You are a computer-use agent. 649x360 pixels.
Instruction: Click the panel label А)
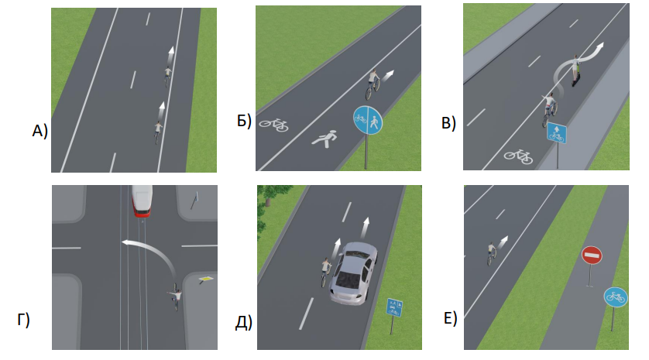coord(40,131)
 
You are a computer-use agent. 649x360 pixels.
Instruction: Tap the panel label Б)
coord(244,121)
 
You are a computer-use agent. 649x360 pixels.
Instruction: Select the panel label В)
coord(448,123)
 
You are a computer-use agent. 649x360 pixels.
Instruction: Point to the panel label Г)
coord(23,320)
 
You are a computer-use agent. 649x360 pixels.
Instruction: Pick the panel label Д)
coord(244,322)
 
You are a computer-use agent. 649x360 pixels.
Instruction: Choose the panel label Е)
coord(450,318)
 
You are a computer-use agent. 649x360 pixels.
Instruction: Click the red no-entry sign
coord(592,255)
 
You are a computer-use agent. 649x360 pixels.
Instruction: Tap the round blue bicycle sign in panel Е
coord(616,297)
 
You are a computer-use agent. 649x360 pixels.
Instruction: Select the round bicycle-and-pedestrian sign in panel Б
coord(368,120)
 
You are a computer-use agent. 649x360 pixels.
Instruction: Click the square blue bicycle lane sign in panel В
coord(556,133)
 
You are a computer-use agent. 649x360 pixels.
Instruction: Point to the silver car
coord(353,273)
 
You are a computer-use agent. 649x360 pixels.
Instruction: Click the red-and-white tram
coord(142,201)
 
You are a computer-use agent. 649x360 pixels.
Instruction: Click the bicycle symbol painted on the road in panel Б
coord(273,125)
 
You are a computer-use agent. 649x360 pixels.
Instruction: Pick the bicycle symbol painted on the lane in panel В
coord(518,156)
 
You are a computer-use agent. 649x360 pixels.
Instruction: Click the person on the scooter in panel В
coord(575,70)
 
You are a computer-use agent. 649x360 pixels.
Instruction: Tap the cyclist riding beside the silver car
coord(327,272)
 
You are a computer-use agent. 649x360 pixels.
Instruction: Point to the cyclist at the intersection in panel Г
coord(177,297)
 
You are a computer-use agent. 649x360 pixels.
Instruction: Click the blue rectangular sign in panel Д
coord(393,307)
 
